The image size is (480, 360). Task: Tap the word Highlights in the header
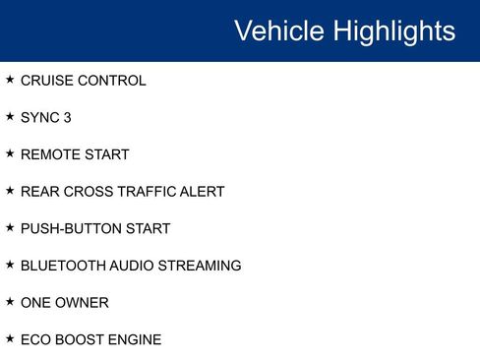coord(393,30)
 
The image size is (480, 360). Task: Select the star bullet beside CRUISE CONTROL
coord(10,79)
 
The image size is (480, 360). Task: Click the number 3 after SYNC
coord(67,118)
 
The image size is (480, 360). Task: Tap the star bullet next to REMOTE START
coord(10,152)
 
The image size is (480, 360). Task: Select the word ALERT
coord(203,192)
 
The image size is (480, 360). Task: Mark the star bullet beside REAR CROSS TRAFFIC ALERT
coord(10,190)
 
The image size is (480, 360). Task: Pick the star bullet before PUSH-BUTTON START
coord(10,226)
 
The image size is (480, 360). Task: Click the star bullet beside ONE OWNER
coord(10,300)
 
